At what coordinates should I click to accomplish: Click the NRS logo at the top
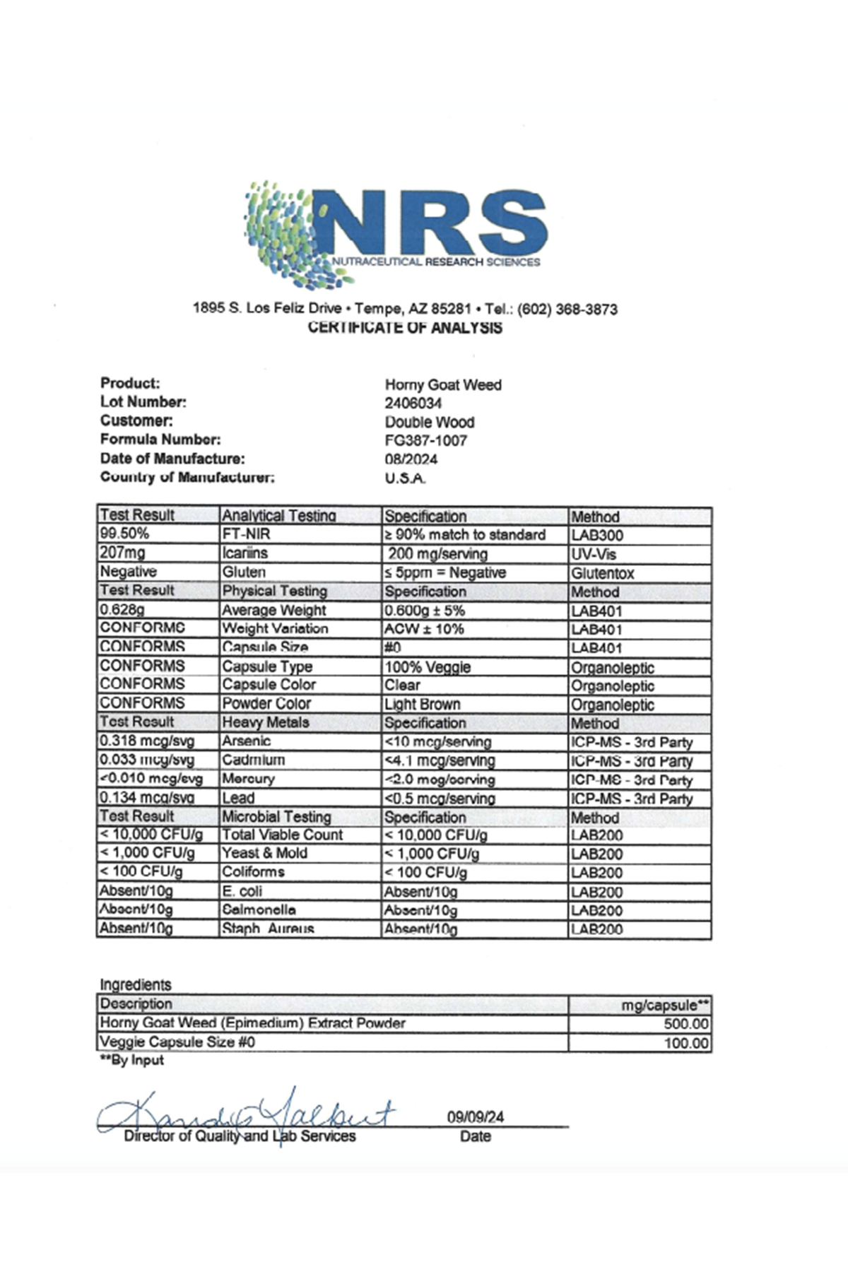pyautogui.click(x=396, y=233)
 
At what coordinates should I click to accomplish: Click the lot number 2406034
pyautogui.click(x=413, y=404)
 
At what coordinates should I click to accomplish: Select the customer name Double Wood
pyautogui.click(x=430, y=422)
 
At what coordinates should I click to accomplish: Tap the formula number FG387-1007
pyautogui.click(x=426, y=441)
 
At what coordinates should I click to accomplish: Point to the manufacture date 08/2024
pyautogui.click(x=411, y=459)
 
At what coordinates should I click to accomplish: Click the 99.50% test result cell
pyautogui.click(x=124, y=534)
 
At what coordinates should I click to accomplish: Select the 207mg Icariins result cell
pyautogui.click(x=122, y=553)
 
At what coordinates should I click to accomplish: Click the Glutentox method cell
pyautogui.click(x=603, y=573)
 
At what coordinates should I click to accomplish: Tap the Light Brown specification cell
pyautogui.click(x=423, y=704)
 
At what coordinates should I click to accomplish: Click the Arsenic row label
pyautogui.click(x=247, y=741)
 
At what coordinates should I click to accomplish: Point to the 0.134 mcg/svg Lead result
pyautogui.click(x=147, y=798)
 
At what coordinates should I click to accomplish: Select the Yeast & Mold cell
pyautogui.click(x=265, y=854)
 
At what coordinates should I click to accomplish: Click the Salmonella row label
pyautogui.click(x=259, y=910)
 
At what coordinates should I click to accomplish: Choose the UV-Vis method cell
pyautogui.click(x=594, y=554)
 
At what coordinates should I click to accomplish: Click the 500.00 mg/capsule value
pyautogui.click(x=686, y=1024)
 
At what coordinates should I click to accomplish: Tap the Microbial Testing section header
pyautogui.click(x=276, y=817)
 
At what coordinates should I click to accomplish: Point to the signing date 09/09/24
pyautogui.click(x=476, y=1117)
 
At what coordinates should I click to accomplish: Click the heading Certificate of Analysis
pyautogui.click(x=405, y=328)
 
